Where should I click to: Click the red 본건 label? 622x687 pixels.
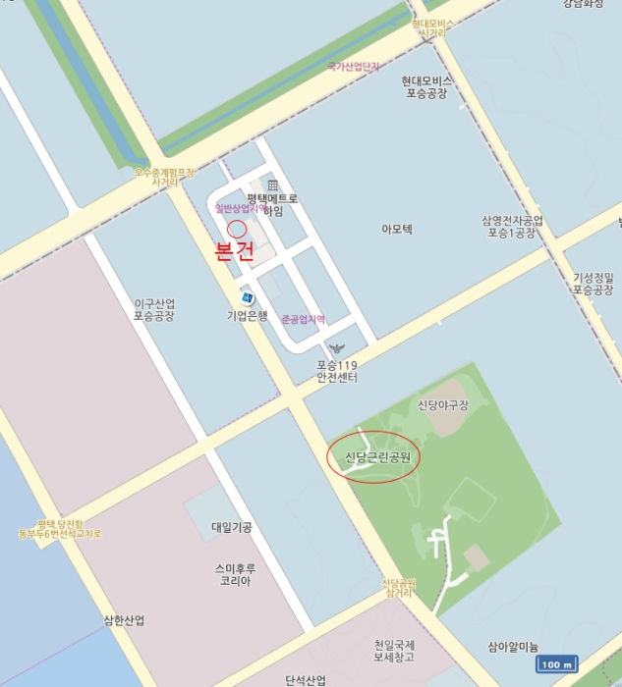(235, 251)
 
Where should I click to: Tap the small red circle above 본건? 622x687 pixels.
(237, 227)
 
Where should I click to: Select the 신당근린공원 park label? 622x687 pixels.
(374, 456)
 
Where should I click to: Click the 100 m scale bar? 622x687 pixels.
(555, 664)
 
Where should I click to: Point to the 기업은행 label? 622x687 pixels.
(247, 315)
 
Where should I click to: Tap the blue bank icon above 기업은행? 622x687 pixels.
(247, 297)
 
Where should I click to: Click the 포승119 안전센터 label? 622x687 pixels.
(337, 371)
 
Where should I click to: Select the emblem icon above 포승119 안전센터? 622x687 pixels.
(337, 349)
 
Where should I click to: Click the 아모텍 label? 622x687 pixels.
(397, 229)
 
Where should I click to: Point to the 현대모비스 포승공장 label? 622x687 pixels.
(426, 86)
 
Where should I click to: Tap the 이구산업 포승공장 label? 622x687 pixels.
(154, 310)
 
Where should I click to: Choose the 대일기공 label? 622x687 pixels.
(232, 527)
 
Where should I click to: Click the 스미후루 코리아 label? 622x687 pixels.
(234, 574)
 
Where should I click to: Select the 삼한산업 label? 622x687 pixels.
(124, 620)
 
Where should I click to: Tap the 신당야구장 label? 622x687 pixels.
(442, 404)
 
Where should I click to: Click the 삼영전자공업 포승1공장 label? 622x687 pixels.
(512, 227)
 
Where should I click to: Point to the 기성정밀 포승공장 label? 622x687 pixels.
(594, 284)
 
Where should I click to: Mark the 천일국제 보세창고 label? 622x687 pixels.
(394, 652)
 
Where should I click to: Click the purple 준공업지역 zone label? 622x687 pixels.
(303, 320)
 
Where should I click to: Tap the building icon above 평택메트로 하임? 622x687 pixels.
(272, 185)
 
